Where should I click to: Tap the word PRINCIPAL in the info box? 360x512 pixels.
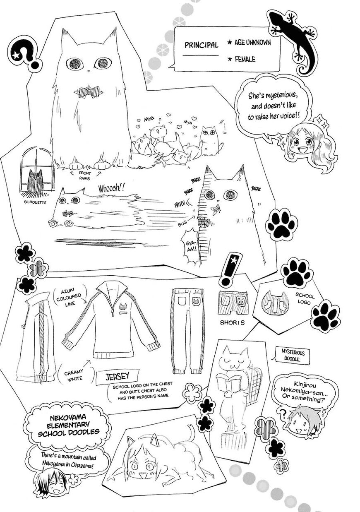[201, 45]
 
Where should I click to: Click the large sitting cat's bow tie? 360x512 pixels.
[88, 92]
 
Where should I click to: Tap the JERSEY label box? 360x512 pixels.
[117, 376]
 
